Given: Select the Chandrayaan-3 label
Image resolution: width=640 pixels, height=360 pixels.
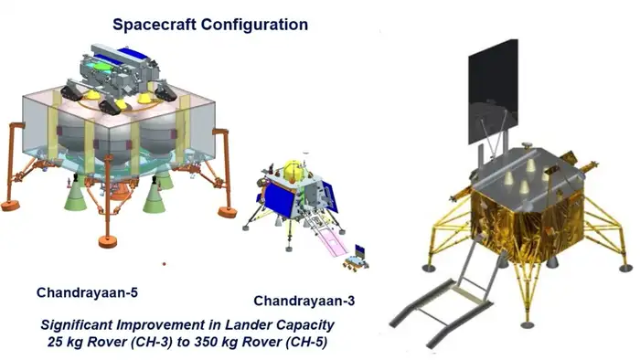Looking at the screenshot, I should pyautogui.click(x=302, y=301).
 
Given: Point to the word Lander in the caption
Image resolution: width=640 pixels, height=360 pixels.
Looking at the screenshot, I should pyautogui.click(x=268, y=323).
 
